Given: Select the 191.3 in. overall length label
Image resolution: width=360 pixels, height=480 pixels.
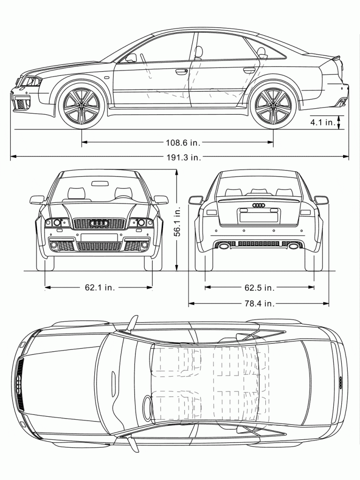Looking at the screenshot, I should [x=183, y=158].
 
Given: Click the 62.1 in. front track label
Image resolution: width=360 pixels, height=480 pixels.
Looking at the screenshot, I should [x=100, y=288].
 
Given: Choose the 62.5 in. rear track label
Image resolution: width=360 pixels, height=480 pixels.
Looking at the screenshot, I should [x=260, y=288].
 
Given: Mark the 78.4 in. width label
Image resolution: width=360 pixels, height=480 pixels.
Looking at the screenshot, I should [x=260, y=304].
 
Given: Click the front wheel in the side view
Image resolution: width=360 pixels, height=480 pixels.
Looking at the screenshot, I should [x=82, y=105].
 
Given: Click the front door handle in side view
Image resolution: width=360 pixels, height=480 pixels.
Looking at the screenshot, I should [x=181, y=72].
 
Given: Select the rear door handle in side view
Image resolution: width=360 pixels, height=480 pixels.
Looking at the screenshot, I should [x=249, y=71].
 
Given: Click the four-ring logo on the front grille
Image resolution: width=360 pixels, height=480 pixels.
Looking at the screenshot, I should [x=99, y=223].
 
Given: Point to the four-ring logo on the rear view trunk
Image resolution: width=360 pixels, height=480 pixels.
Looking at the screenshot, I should [x=259, y=205].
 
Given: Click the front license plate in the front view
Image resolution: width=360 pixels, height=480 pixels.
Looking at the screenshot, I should [x=99, y=237].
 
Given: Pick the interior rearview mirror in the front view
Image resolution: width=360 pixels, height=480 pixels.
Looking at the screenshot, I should [x=99, y=183].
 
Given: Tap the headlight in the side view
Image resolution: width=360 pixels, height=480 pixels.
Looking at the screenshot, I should [x=29, y=81].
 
